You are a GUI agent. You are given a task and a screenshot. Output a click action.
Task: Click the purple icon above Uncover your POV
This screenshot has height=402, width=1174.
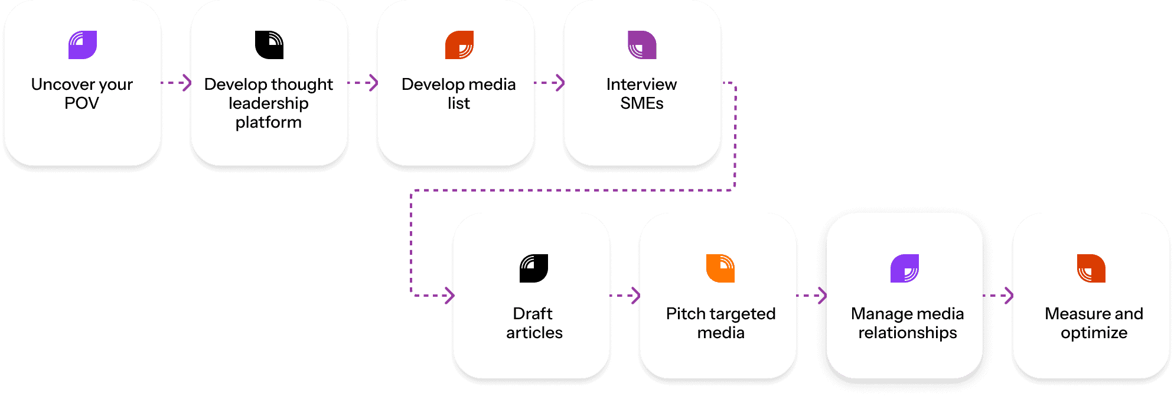(83, 45)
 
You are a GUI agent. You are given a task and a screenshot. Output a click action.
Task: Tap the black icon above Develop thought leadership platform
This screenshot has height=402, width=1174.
(269, 45)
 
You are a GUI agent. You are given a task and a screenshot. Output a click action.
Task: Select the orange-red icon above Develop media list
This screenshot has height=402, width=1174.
(459, 45)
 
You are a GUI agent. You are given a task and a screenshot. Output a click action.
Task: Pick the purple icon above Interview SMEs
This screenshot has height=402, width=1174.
(642, 45)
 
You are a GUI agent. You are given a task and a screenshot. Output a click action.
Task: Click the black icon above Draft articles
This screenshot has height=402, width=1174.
(534, 268)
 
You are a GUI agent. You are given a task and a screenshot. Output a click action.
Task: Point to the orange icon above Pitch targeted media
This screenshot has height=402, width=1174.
(720, 268)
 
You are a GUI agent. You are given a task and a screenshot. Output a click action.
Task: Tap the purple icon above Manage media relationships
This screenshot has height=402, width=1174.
(905, 268)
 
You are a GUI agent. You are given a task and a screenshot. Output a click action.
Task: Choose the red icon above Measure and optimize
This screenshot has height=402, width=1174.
(1091, 268)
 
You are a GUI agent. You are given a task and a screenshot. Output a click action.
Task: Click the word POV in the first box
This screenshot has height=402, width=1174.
(81, 103)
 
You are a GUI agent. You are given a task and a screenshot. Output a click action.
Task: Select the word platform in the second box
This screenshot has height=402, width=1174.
(269, 122)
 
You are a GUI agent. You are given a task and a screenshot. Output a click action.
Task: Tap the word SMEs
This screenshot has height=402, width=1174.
(642, 103)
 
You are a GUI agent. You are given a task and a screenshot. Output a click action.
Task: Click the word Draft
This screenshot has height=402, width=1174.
(533, 313)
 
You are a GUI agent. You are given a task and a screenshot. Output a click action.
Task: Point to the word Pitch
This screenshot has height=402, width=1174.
(685, 313)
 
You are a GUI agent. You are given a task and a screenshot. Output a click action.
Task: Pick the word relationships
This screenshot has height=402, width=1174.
(908, 333)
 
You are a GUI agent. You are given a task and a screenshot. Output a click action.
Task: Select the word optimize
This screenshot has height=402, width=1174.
(1094, 333)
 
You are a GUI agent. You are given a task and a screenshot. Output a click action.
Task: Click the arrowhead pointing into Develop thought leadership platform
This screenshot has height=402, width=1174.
(188, 83)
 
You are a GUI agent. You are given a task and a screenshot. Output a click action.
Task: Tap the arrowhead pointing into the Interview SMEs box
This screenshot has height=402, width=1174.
(561, 83)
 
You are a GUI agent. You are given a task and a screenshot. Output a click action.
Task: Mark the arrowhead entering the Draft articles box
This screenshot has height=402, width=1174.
(451, 295)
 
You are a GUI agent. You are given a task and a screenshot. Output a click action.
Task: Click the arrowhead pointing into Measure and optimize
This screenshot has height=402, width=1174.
(1010, 295)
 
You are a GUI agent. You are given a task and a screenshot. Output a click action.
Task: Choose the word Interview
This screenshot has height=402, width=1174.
(642, 85)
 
